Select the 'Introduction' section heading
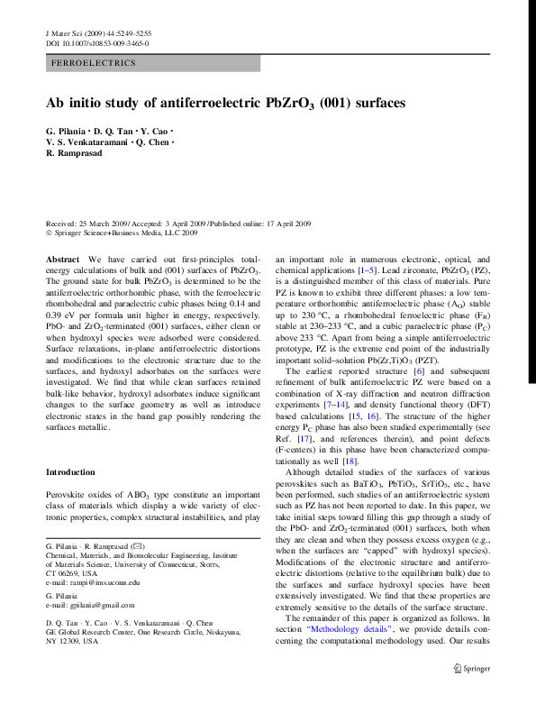pos(70,472)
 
